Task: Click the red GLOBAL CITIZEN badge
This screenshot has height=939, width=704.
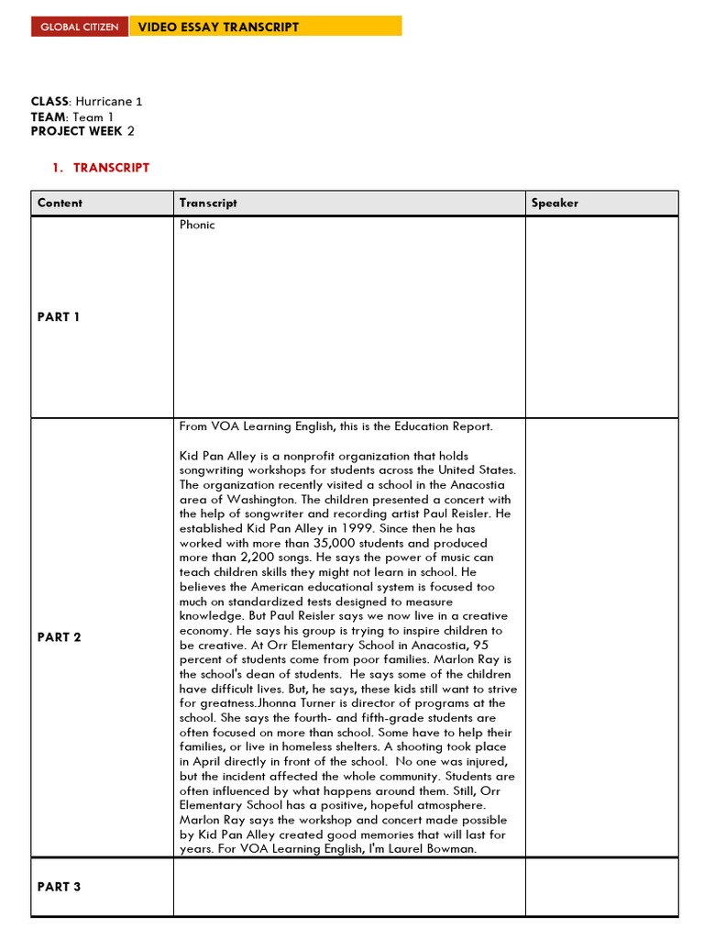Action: pos(79,27)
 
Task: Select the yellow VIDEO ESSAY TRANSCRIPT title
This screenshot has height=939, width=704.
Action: pos(218,27)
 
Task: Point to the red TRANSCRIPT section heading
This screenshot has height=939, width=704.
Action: pos(111,168)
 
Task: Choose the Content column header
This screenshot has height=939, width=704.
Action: pos(60,203)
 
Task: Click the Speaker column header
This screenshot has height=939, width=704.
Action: pos(555,203)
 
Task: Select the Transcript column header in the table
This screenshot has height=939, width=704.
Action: pos(208,203)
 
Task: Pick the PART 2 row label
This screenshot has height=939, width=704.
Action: pos(59,637)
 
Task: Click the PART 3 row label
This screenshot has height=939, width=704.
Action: pos(59,887)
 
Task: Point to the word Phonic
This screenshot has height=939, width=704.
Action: pos(197,225)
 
